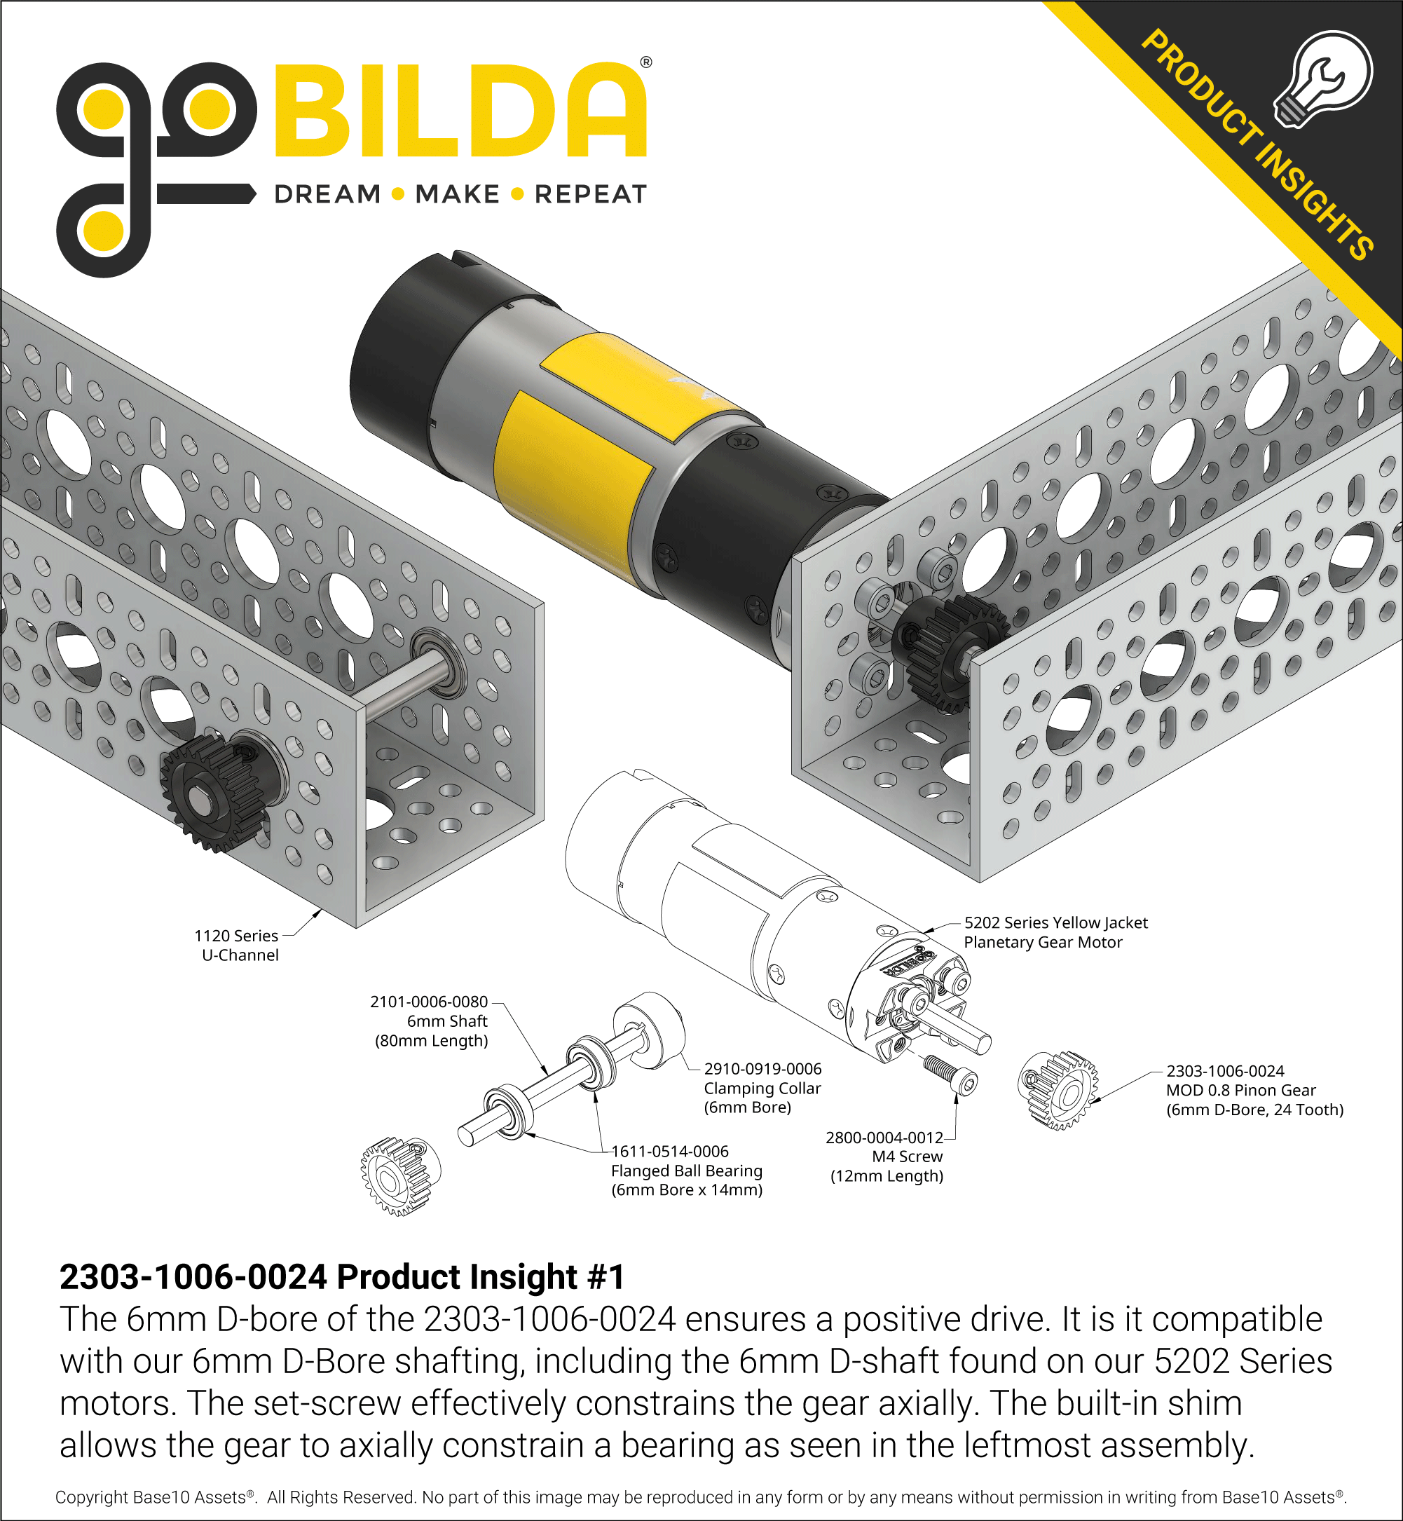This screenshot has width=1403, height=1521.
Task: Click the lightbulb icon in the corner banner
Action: click(x=1324, y=79)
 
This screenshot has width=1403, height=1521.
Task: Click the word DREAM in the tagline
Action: click(x=327, y=194)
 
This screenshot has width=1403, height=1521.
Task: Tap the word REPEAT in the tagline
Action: click(x=591, y=194)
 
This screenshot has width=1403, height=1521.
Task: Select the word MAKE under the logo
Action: click(x=457, y=194)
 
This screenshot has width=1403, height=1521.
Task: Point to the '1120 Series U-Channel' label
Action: click(x=238, y=946)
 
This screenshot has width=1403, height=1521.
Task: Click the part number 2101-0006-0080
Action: click(x=429, y=1002)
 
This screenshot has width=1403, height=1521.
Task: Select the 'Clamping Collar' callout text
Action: click(x=762, y=1088)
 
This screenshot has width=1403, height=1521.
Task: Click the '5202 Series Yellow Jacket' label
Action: click(x=1055, y=922)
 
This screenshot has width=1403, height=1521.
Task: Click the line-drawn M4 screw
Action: click(x=950, y=1073)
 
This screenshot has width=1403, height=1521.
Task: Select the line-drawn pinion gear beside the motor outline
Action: click(x=1058, y=1090)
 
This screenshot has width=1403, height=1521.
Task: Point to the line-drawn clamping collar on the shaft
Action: click(x=649, y=1030)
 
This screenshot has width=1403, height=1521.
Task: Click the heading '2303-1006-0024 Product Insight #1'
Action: click(x=342, y=1277)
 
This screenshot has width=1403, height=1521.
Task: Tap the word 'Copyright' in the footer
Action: click(x=91, y=1497)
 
